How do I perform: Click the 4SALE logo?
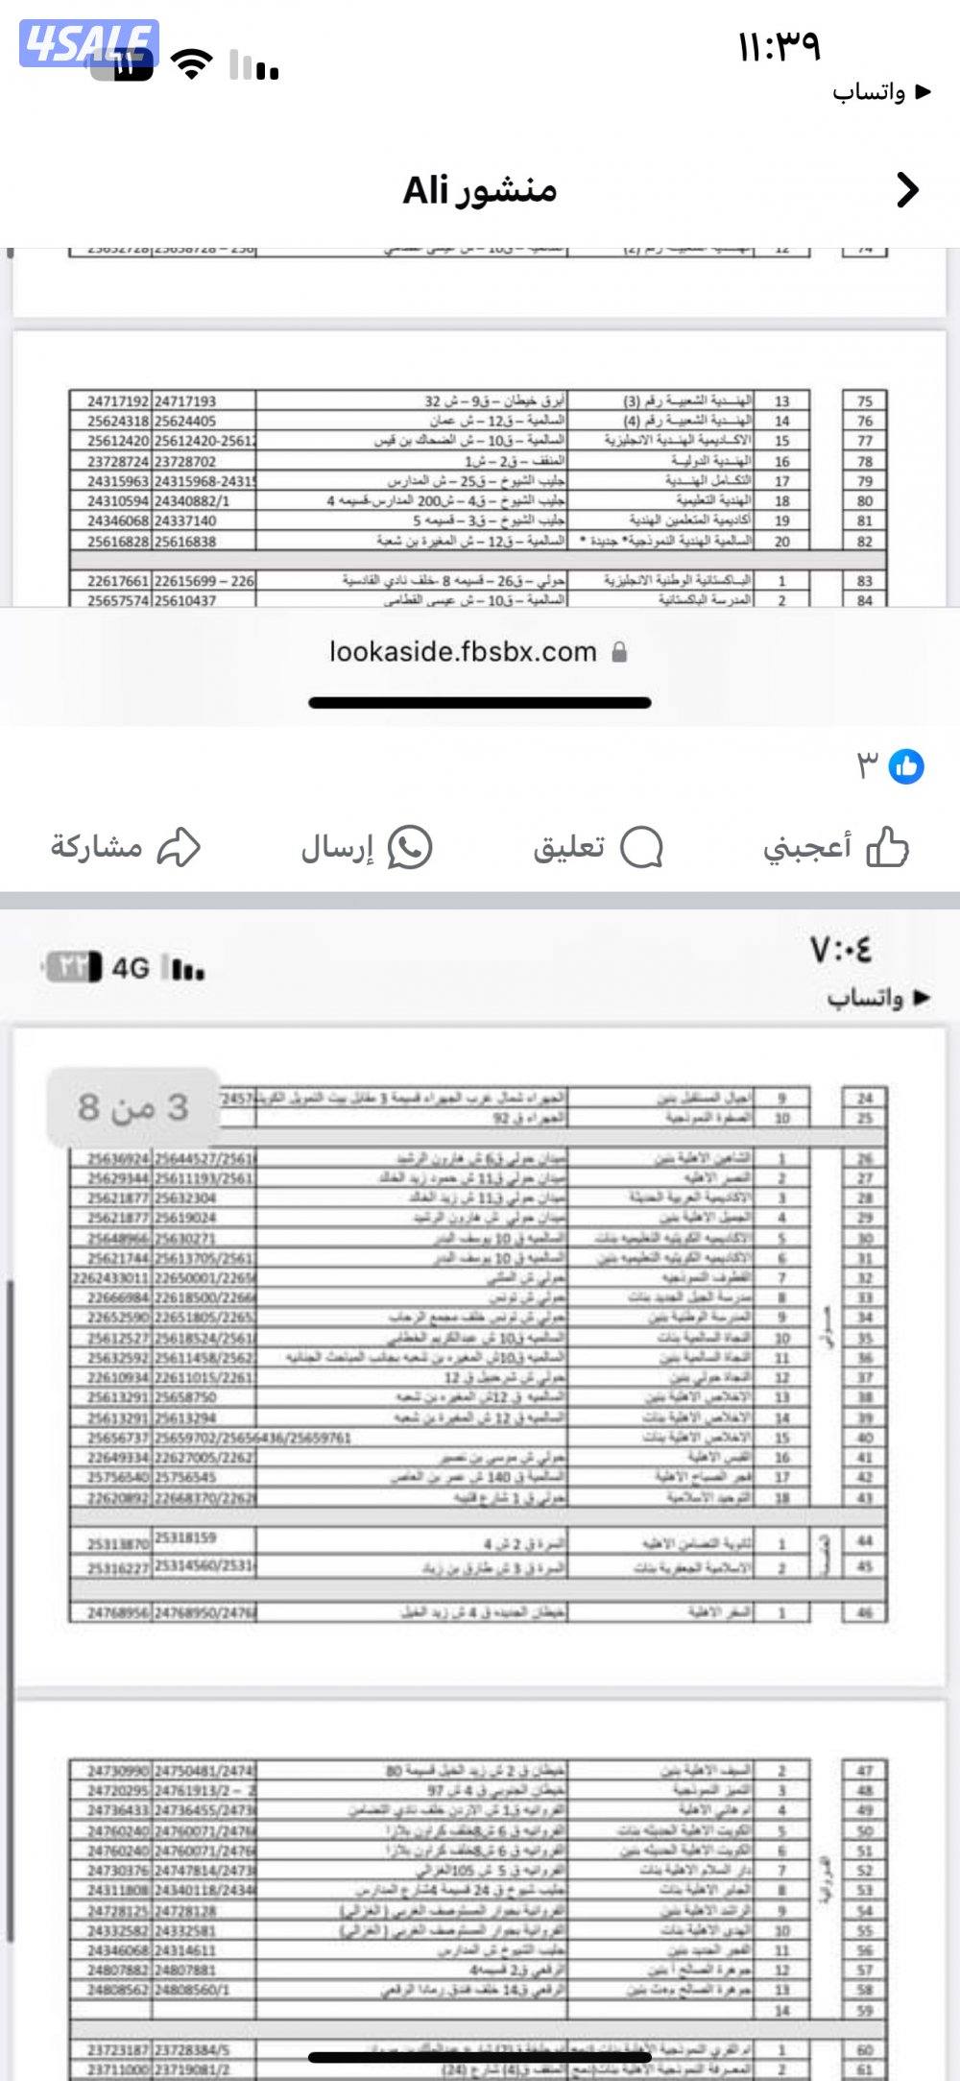(x=88, y=43)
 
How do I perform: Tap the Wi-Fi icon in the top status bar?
(x=191, y=64)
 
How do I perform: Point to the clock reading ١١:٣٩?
(x=779, y=46)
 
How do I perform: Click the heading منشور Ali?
(x=479, y=190)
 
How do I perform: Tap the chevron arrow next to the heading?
(x=907, y=190)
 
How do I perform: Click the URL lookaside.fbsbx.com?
(x=463, y=652)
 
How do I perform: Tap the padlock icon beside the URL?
(x=619, y=653)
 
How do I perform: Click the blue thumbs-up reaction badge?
(x=906, y=766)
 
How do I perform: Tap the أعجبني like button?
(x=835, y=847)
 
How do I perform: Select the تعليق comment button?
(x=597, y=847)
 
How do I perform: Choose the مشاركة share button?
(x=126, y=847)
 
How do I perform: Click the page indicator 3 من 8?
(x=133, y=1107)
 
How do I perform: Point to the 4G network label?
(x=131, y=968)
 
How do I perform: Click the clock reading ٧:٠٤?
(x=842, y=951)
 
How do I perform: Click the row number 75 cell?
(x=865, y=401)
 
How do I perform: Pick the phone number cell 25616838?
(x=185, y=542)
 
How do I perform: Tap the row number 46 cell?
(x=865, y=1612)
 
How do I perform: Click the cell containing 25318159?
(x=185, y=1537)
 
